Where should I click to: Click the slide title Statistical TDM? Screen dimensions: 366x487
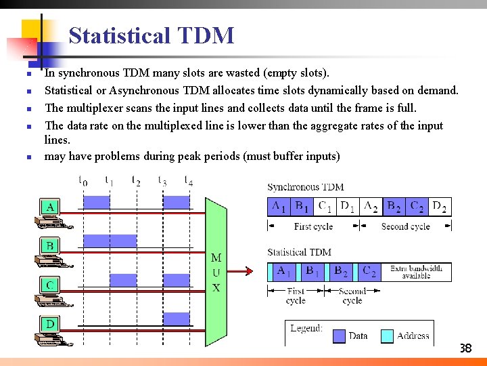point(152,35)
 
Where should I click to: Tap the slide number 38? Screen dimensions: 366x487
point(465,349)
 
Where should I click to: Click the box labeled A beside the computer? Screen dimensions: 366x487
point(50,206)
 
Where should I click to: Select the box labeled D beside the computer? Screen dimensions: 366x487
point(50,325)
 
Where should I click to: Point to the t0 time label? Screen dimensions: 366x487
point(83,181)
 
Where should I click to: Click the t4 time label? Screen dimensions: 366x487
point(189,180)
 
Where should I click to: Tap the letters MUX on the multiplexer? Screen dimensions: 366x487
point(216,272)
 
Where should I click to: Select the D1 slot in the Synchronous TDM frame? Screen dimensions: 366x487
point(347,207)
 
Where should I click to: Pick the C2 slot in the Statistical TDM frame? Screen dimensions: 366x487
point(369,272)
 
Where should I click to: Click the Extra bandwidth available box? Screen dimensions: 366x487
point(416,272)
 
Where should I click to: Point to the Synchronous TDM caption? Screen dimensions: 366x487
point(306,187)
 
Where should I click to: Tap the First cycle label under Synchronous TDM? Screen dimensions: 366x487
point(313,226)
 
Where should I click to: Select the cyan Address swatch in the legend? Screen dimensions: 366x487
point(387,335)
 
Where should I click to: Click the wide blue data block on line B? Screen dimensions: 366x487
point(110,241)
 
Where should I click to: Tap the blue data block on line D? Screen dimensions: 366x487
point(177,319)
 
